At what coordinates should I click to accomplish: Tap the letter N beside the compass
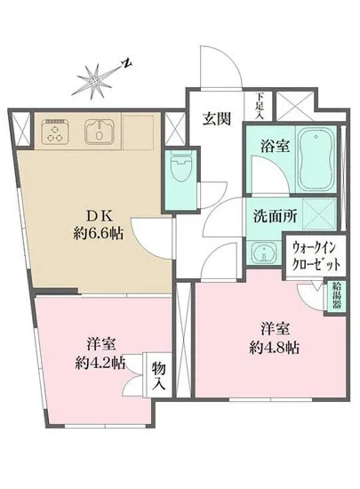coord(127,64)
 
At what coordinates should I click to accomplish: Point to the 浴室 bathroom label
coord(264,142)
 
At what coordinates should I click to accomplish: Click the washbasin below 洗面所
coord(261,253)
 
